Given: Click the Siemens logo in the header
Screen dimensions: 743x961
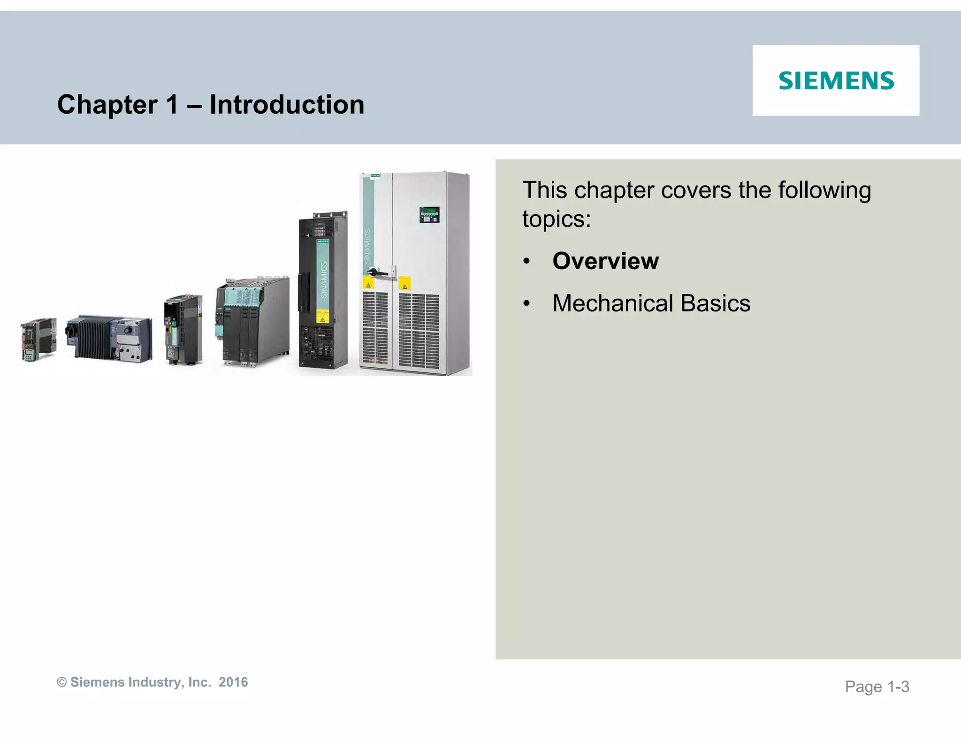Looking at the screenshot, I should (836, 81).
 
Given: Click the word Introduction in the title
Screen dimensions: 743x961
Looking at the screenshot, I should (287, 104).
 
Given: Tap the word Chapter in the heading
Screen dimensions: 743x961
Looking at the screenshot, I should (107, 104).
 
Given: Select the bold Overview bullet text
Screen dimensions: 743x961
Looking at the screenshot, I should (605, 261).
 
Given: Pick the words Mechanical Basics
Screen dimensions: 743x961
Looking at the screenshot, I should (651, 303).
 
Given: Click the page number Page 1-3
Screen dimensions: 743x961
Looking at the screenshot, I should (877, 687).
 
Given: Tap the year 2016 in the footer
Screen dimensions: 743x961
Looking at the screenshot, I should (233, 682).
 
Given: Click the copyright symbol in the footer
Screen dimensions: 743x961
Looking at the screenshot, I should (61, 682).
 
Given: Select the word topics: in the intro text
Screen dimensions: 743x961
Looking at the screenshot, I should (557, 219).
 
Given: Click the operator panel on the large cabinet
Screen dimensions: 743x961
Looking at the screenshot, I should (429, 215).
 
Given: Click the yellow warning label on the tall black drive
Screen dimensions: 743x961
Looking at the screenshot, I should (322, 319).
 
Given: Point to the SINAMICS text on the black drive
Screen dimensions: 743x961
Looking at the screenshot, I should (323, 280).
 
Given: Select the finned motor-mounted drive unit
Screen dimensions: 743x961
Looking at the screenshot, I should (109, 338).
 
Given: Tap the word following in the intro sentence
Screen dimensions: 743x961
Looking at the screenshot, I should (824, 190).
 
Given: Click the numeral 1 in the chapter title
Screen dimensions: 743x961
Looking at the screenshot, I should (172, 104).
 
